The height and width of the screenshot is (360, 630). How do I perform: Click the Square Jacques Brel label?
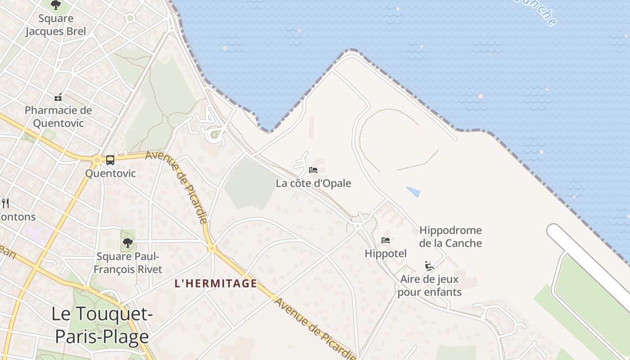[55, 25]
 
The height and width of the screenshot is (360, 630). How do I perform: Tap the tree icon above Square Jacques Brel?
[56, 5]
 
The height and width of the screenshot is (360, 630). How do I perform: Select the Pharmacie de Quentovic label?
[58, 116]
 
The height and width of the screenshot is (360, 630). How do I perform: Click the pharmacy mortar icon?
[58, 97]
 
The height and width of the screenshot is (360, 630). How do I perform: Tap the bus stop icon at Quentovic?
[110, 160]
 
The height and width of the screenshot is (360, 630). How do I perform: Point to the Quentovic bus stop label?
[110, 173]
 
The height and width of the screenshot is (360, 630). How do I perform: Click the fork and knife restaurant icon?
[5, 203]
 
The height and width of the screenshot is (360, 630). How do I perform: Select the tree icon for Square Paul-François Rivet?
[128, 243]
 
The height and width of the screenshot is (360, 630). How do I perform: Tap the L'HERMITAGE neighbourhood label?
[216, 283]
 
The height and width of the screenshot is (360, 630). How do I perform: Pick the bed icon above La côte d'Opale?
[313, 170]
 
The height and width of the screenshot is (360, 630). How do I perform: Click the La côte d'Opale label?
[313, 183]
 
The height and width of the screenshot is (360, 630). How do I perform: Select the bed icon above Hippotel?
[386, 240]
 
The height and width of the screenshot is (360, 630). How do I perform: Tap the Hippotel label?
[386, 253]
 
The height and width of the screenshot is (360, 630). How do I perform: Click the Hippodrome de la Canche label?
[450, 237]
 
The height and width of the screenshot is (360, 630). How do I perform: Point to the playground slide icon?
[429, 266]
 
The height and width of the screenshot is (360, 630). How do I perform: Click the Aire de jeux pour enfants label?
[429, 285]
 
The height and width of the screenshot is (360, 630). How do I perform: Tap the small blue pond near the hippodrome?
[414, 192]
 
